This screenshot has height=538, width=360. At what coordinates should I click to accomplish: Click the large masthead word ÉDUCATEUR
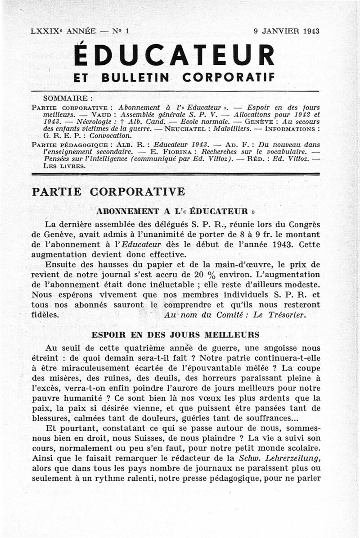click(x=174, y=56)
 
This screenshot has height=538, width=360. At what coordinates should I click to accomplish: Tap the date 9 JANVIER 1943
click(x=286, y=32)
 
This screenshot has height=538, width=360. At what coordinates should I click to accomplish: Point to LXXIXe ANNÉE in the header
click(x=63, y=32)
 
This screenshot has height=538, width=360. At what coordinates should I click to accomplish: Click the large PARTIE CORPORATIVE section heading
click(x=108, y=191)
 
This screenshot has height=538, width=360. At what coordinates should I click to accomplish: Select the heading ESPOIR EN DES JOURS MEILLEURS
click(x=175, y=335)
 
